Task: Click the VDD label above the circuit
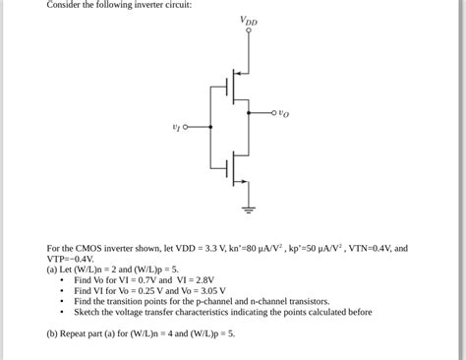248,21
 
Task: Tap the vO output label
284,114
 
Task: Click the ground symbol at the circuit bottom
248,209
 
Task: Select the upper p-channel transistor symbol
234,90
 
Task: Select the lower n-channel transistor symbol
234,165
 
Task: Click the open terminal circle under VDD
248,31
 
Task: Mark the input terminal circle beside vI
186,127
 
